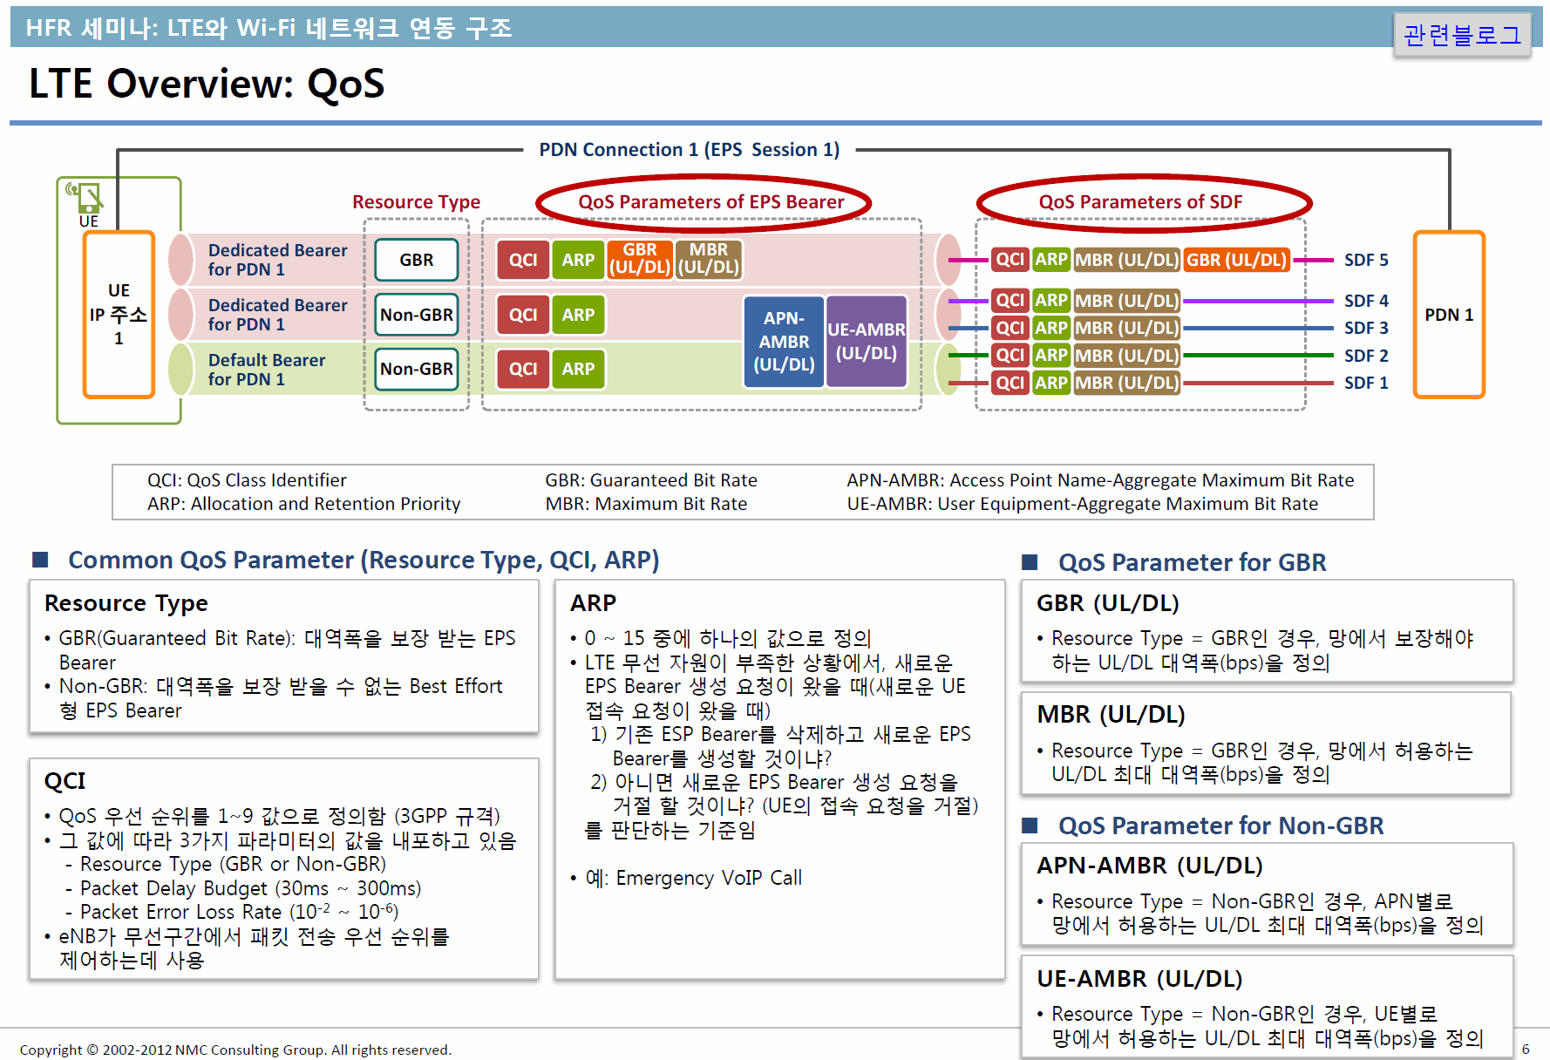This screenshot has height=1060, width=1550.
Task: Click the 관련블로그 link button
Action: (x=1462, y=35)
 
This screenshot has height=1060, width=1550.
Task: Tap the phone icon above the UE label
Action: (x=85, y=197)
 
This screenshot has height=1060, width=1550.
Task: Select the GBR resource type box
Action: (x=417, y=260)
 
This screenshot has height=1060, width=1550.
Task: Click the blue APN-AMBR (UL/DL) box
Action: (x=784, y=341)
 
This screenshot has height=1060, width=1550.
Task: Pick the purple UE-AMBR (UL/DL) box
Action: (x=867, y=341)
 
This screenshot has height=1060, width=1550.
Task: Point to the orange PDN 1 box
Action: (x=1449, y=315)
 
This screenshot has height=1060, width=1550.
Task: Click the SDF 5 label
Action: (x=1366, y=260)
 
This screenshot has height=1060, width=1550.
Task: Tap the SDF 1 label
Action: (x=1366, y=383)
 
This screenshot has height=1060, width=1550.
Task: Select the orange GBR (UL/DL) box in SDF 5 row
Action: (x=1236, y=260)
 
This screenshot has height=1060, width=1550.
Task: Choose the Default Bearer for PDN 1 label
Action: (x=267, y=370)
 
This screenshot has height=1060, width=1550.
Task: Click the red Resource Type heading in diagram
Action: (x=416, y=202)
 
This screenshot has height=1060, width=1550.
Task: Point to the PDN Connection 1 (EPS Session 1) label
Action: (x=689, y=150)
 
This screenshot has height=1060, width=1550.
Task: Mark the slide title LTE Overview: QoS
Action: (x=207, y=84)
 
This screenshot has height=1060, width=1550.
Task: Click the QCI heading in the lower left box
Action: (x=65, y=781)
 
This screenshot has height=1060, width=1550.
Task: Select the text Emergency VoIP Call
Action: (x=709, y=878)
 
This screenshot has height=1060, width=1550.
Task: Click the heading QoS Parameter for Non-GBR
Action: (x=1220, y=826)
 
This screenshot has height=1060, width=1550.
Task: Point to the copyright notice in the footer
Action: (x=235, y=1050)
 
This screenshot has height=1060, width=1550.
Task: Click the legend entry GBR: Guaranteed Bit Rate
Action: (x=651, y=480)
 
